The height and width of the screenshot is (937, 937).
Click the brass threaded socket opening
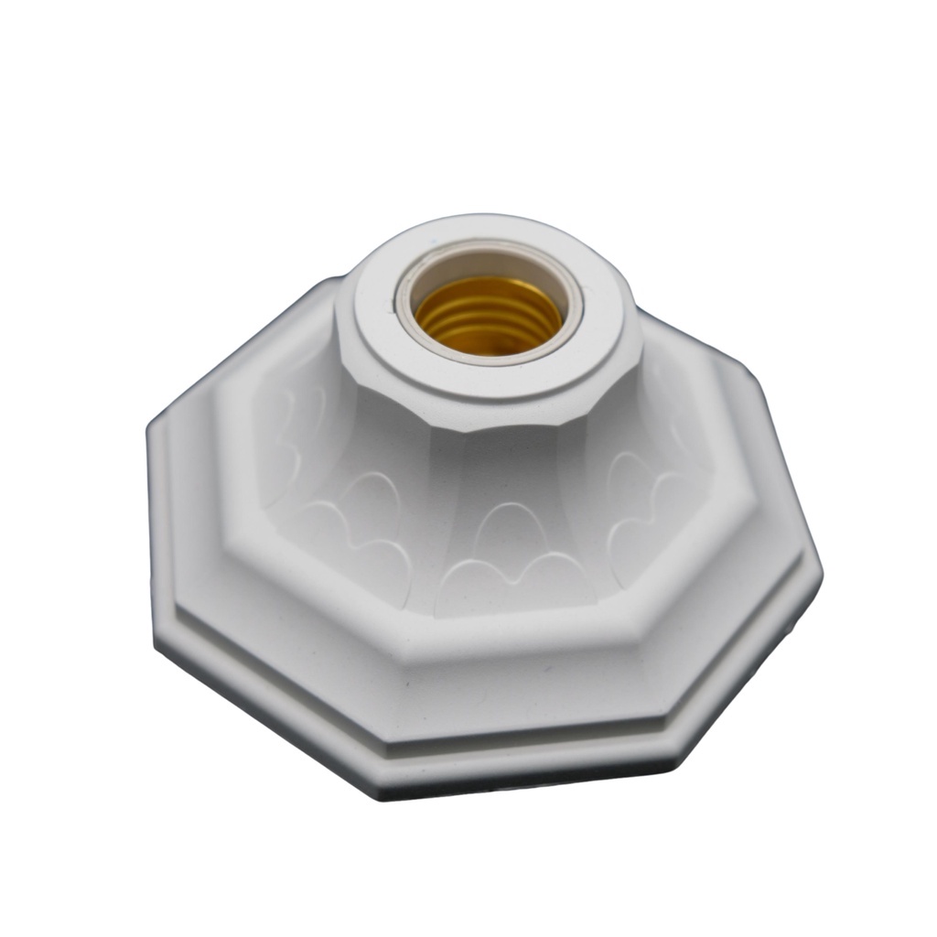(x=487, y=316)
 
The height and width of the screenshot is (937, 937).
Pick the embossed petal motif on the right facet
(x=641, y=494)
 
